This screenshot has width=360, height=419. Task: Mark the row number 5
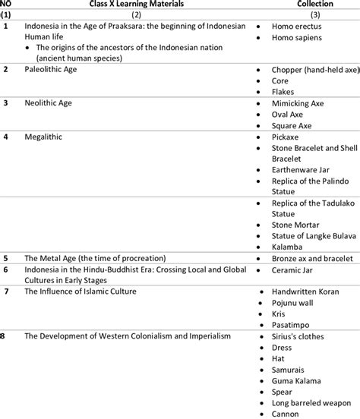[5, 258]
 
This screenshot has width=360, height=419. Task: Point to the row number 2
[5, 69]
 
